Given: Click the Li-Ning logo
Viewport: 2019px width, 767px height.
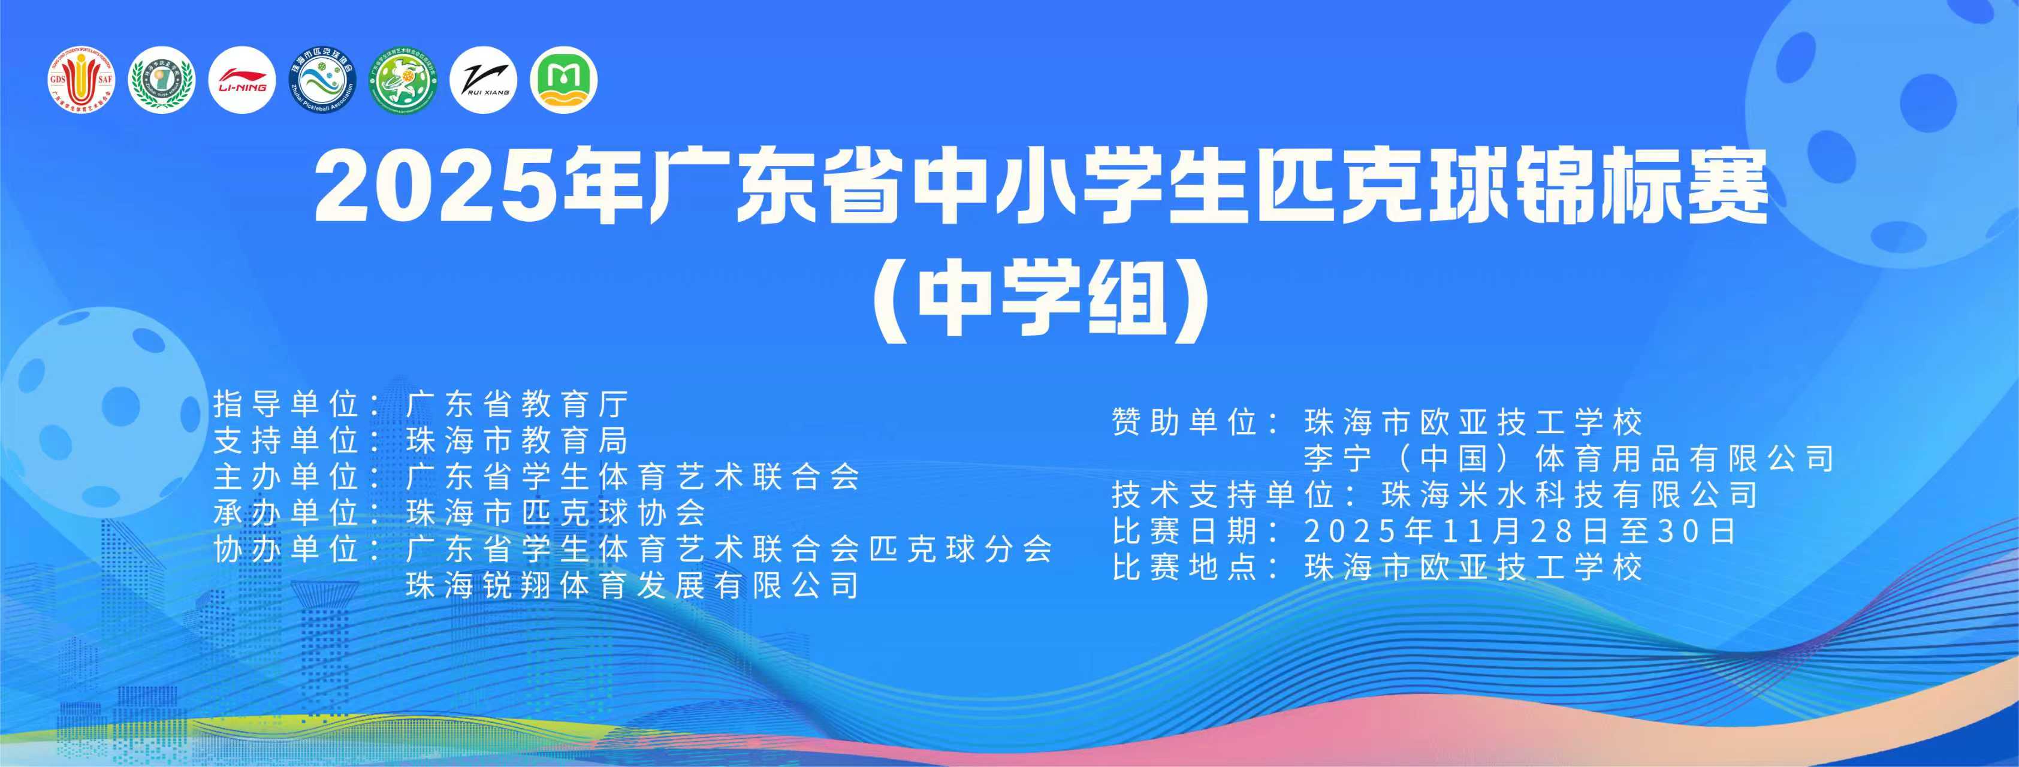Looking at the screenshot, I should (x=242, y=81).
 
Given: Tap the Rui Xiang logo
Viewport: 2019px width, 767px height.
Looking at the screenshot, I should (x=484, y=81).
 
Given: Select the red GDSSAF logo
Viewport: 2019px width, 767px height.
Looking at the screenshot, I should (x=81, y=81).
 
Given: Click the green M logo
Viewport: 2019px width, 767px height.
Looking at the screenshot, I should (x=563, y=81).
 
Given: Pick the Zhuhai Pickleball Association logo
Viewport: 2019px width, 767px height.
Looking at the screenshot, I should (x=322, y=81).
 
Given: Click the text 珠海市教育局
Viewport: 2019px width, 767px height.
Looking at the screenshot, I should (x=517, y=441).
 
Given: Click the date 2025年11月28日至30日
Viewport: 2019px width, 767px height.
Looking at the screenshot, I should (x=1520, y=531).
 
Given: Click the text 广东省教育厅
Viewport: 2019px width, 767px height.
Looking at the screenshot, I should (x=517, y=405).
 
